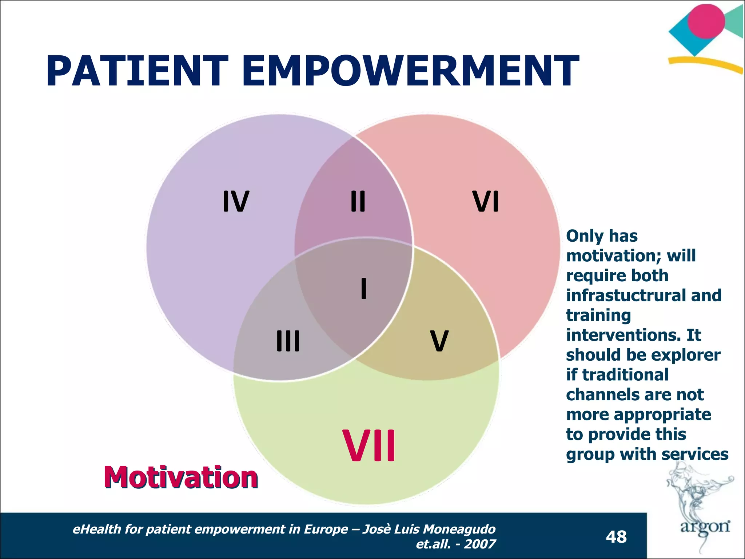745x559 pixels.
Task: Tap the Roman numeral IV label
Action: coord(236,201)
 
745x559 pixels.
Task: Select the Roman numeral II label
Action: coord(358,201)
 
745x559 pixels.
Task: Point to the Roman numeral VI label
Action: coord(486,201)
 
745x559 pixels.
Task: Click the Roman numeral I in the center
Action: coord(363,288)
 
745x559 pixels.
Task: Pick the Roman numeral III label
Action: coord(288,341)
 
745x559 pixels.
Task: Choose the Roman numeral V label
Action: coord(439,341)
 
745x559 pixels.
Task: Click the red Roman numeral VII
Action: coord(369,446)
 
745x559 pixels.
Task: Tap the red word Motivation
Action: coord(181,477)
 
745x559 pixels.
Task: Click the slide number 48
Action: coord(616,537)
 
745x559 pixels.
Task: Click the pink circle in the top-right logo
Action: coord(706,21)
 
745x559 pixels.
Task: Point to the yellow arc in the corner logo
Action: coord(706,63)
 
